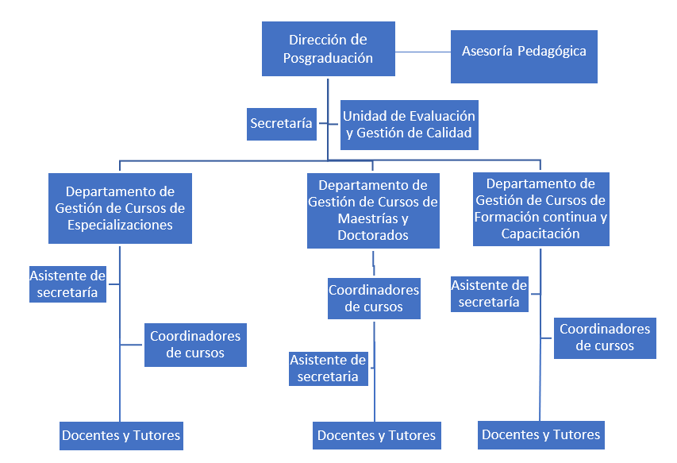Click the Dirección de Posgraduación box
point(329,48)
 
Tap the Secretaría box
point(281,124)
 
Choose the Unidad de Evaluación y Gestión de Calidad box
point(409,125)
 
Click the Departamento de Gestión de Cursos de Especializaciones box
point(120,208)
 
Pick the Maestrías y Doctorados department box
point(372,210)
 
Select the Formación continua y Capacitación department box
point(540,209)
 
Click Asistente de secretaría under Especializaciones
point(67,284)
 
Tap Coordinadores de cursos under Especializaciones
point(195,345)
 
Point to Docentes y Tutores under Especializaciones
point(121,436)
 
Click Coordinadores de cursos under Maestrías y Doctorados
point(374,298)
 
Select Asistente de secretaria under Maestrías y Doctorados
point(328,368)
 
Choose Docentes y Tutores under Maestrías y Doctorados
point(376,436)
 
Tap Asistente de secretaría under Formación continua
point(489,294)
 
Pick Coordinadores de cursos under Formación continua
point(605,338)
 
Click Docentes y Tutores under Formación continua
point(541,435)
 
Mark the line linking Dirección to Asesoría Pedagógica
point(422,52)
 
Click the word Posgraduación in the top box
point(328,58)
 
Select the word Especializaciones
point(120,225)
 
